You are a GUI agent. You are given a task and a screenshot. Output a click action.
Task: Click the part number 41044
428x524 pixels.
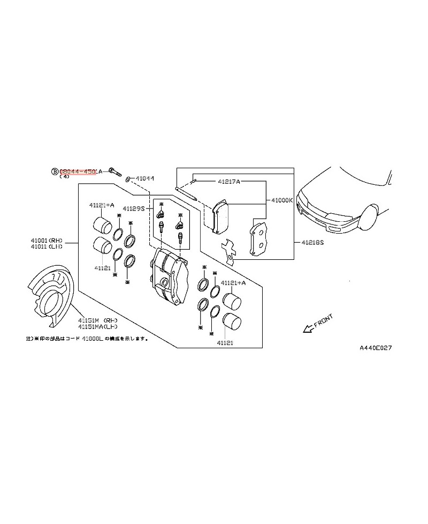pyautogui.click(x=144, y=178)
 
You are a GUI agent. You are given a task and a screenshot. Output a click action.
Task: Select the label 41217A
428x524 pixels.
pyautogui.click(x=229, y=182)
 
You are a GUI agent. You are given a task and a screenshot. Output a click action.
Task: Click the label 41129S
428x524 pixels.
pyautogui.click(x=134, y=208)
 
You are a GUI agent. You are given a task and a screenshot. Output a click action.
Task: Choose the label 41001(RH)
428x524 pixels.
pyautogui.click(x=47, y=241)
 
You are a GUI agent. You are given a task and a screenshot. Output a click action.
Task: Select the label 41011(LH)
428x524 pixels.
pyautogui.click(x=47, y=247)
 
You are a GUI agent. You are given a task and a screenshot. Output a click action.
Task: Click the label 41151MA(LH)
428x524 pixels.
pyautogui.click(x=98, y=326)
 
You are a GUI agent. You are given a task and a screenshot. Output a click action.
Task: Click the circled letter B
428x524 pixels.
pyautogui.click(x=55, y=171)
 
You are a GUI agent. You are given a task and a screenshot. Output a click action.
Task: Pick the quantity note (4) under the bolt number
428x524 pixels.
pyautogui.click(x=64, y=176)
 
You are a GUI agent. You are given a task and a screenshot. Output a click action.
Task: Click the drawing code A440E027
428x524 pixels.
pyautogui.click(x=376, y=348)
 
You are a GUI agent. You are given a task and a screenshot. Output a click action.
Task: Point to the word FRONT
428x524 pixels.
pyautogui.click(x=323, y=321)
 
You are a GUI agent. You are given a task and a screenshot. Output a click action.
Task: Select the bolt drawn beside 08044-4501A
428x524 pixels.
pyautogui.click(x=114, y=172)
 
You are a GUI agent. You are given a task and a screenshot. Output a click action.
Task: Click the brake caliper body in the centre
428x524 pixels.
pyautogui.click(x=170, y=274)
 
